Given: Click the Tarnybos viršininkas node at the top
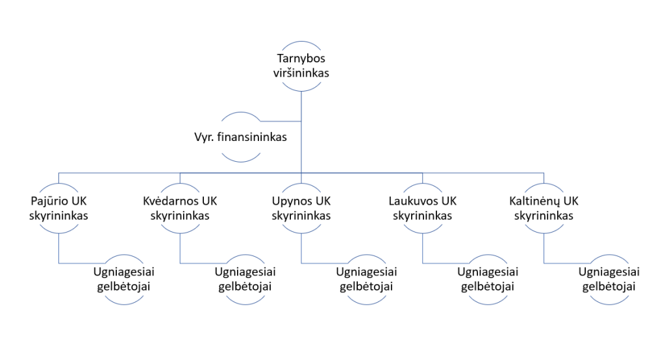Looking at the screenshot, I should coord(301,66).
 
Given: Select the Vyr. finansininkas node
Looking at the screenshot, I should coord(240,137).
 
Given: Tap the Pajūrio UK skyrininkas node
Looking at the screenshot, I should coord(58,208).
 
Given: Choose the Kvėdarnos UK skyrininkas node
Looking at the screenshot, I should coord(180,208).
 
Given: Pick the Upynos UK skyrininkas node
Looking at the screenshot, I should coord(301,208).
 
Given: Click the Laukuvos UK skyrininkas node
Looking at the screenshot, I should coord(423,208).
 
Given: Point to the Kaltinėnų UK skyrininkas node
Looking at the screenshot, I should coord(544,208).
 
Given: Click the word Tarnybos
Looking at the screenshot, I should coord(301,58).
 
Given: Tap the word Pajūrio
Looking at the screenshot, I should coord(49,201).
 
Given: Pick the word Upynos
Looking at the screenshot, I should coord(292,201).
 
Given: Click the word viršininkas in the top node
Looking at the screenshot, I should coord(301,73).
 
